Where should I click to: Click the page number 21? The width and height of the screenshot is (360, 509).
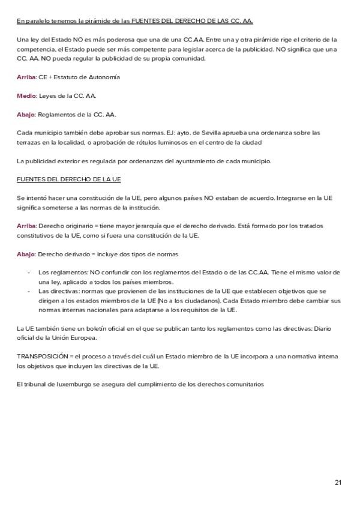pyautogui.click(x=338, y=483)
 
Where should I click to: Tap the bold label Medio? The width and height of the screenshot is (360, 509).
pyautogui.click(x=27, y=96)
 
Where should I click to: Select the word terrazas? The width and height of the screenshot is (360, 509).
pyautogui.click(x=29, y=142)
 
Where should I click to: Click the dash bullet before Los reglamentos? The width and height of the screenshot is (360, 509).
pyautogui.click(x=29, y=273)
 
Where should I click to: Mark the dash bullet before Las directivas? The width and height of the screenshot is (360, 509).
pyautogui.click(x=29, y=291)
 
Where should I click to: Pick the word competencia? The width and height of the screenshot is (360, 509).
pyautogui.click(x=35, y=50)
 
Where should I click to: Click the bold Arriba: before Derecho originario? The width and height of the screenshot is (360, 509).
pyautogui.click(x=27, y=226)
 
